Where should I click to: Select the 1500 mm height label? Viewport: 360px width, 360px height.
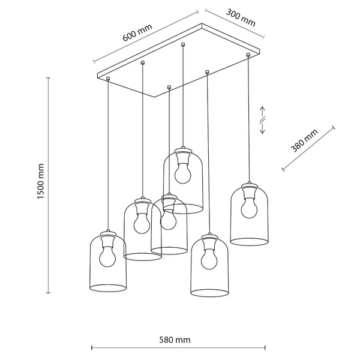41,182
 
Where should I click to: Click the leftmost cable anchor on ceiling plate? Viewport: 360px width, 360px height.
107,79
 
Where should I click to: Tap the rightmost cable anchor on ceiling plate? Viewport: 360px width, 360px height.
248,56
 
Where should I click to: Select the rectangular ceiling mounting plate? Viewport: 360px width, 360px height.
180,60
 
